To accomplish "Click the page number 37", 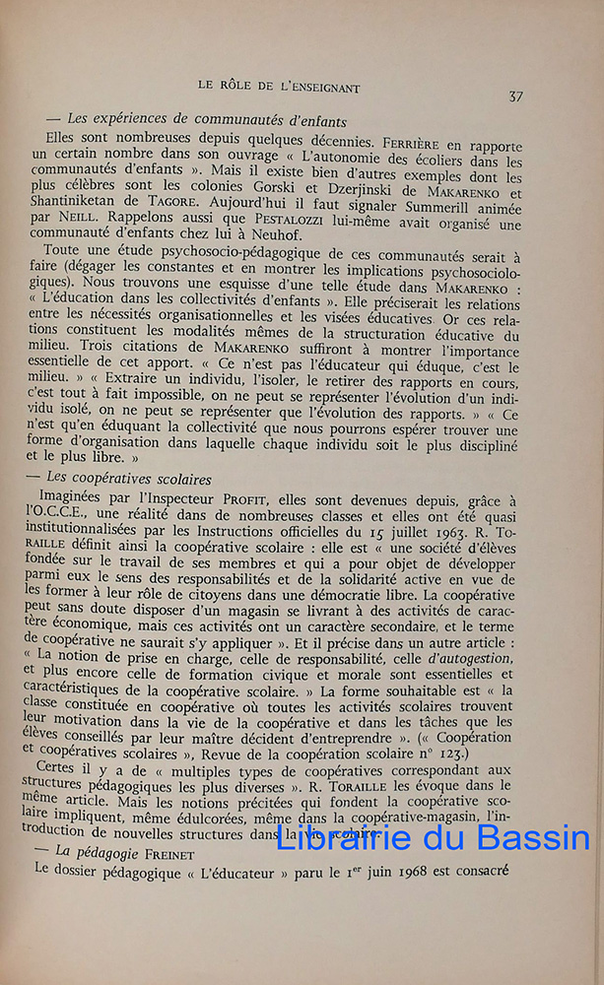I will point(515,96).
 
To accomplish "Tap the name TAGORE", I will point(184,204).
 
